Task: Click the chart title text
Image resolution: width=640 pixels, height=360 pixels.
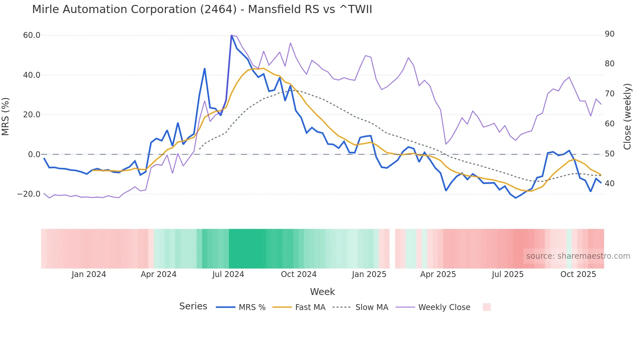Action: coord(202,9)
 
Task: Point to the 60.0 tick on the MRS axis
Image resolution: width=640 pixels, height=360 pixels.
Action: coord(31,35)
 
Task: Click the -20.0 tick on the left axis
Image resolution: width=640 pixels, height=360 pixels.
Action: coord(29,194)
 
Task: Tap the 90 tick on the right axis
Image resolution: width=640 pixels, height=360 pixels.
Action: coord(609,34)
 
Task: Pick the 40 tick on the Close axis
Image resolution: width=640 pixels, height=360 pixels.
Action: coord(609,184)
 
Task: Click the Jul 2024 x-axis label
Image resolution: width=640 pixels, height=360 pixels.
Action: coord(228,274)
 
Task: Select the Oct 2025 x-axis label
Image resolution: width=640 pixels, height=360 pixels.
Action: coord(578,274)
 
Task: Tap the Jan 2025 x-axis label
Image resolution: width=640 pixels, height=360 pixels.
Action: coord(369,274)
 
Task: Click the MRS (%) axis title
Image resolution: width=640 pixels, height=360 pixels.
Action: coord(6,116)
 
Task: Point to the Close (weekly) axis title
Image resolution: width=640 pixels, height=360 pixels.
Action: coord(627,116)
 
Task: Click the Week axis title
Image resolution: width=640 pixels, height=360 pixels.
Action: coord(322,292)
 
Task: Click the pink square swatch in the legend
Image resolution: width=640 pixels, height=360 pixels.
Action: coord(487,307)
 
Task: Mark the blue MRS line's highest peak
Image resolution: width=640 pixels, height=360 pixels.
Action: coord(232,36)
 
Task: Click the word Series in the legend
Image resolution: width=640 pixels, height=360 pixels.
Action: coord(193,306)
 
